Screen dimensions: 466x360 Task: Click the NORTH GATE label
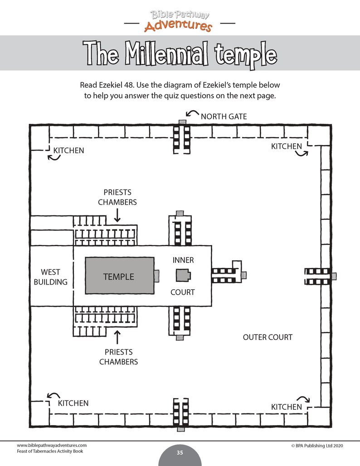coord(224,116)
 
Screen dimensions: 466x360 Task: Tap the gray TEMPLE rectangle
coord(119,276)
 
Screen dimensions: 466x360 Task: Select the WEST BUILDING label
coord(50,277)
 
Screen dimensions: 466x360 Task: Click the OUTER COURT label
coord(268,337)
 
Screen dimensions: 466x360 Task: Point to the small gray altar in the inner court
coord(183,275)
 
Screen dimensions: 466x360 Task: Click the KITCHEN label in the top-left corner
coord(68,150)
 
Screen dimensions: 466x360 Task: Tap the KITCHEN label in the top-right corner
coord(286,146)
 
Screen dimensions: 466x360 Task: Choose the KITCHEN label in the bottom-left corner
coord(73,403)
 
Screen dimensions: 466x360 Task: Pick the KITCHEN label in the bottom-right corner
coord(286,407)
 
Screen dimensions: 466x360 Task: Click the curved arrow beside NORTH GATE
coord(192,114)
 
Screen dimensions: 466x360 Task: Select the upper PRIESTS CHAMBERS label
coord(117,198)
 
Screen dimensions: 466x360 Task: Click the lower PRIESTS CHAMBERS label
coord(118,357)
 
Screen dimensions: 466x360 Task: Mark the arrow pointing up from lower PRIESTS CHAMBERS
coord(117,337)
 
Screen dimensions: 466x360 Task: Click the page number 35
coord(180,453)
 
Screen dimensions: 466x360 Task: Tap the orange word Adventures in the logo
coord(178,26)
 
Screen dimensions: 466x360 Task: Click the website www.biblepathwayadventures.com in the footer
coord(52,446)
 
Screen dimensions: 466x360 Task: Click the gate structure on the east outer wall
coord(318,275)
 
